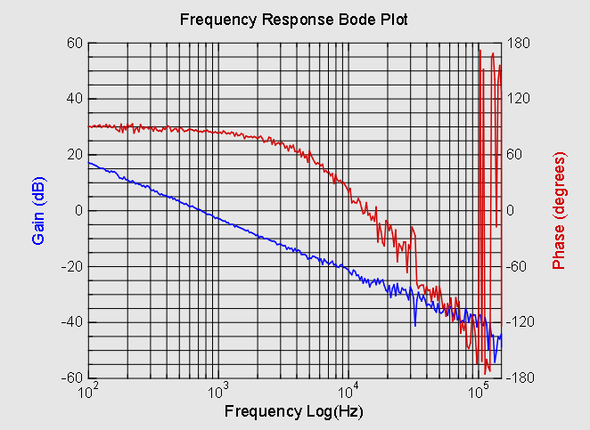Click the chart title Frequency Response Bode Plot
point(294,19)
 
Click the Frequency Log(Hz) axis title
point(294,412)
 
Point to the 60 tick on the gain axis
point(74,43)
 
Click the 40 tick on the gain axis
point(74,99)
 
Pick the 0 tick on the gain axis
point(78,210)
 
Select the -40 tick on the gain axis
point(71,322)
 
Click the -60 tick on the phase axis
point(518,266)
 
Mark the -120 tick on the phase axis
point(520,322)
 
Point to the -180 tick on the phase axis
point(520,378)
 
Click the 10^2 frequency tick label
point(87,391)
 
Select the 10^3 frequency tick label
point(217,391)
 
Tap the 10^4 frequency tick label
point(348,391)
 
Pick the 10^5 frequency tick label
point(479,391)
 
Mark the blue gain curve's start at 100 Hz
point(89,162)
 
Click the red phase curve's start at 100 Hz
point(89,126)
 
